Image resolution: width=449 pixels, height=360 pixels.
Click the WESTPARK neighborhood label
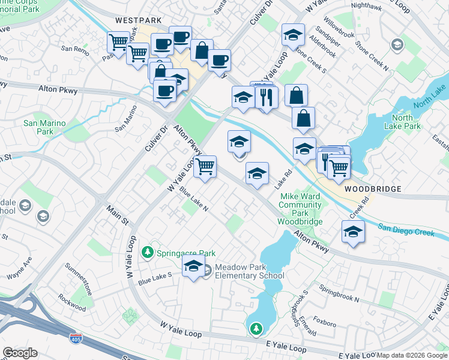(x=138, y=20)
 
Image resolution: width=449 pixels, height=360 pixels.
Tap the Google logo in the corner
(x=20, y=353)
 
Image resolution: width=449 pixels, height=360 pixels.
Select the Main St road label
(x=118, y=215)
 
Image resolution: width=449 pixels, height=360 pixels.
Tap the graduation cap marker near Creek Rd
(x=353, y=232)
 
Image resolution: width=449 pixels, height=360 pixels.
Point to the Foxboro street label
(x=324, y=323)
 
